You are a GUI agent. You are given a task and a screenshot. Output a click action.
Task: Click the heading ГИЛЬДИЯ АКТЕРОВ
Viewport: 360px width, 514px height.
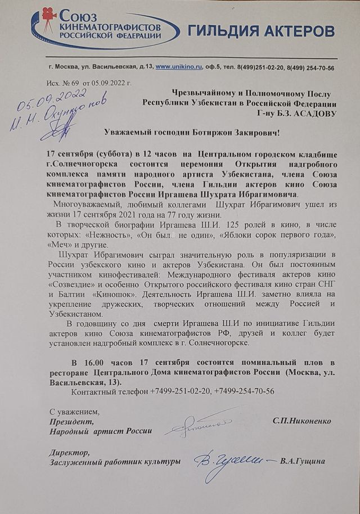pyautogui.click(x=261, y=30)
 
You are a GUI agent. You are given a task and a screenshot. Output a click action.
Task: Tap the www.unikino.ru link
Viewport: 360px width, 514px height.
pyautogui.click(x=179, y=67)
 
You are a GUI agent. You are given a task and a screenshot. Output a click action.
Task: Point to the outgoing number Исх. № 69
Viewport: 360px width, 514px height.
pyautogui.click(x=61, y=83)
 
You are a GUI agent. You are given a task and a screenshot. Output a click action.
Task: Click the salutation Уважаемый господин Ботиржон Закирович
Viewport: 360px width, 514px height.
pyautogui.click(x=192, y=131)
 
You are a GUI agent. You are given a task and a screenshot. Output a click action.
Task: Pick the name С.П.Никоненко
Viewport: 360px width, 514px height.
pyautogui.click(x=301, y=421)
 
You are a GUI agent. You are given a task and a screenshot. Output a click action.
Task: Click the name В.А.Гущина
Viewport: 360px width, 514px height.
pyautogui.click(x=304, y=462)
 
